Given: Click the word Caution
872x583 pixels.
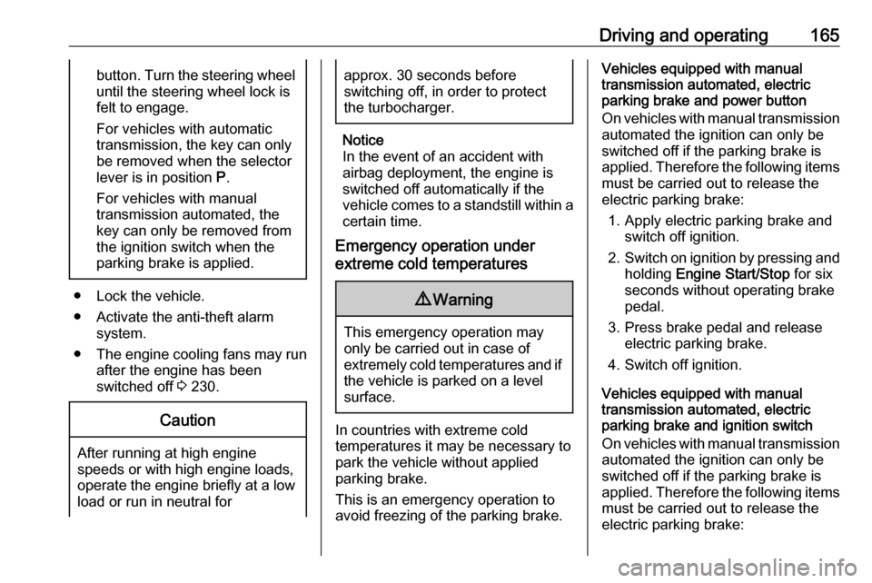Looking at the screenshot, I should (x=187, y=420).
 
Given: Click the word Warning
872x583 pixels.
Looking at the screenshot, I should (x=462, y=300).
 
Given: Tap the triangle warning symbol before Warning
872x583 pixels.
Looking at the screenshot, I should (x=424, y=299).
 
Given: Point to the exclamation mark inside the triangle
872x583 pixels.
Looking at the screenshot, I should (x=424, y=300).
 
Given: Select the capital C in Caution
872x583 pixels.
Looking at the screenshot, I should (x=165, y=420).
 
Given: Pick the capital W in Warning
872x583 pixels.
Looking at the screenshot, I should (x=440, y=300).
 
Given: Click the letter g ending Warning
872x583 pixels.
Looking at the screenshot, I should (x=488, y=301).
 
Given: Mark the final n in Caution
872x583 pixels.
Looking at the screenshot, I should (x=211, y=421).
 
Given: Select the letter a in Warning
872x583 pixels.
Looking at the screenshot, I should (x=452, y=301).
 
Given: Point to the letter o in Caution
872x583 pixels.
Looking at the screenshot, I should (x=203, y=421).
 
